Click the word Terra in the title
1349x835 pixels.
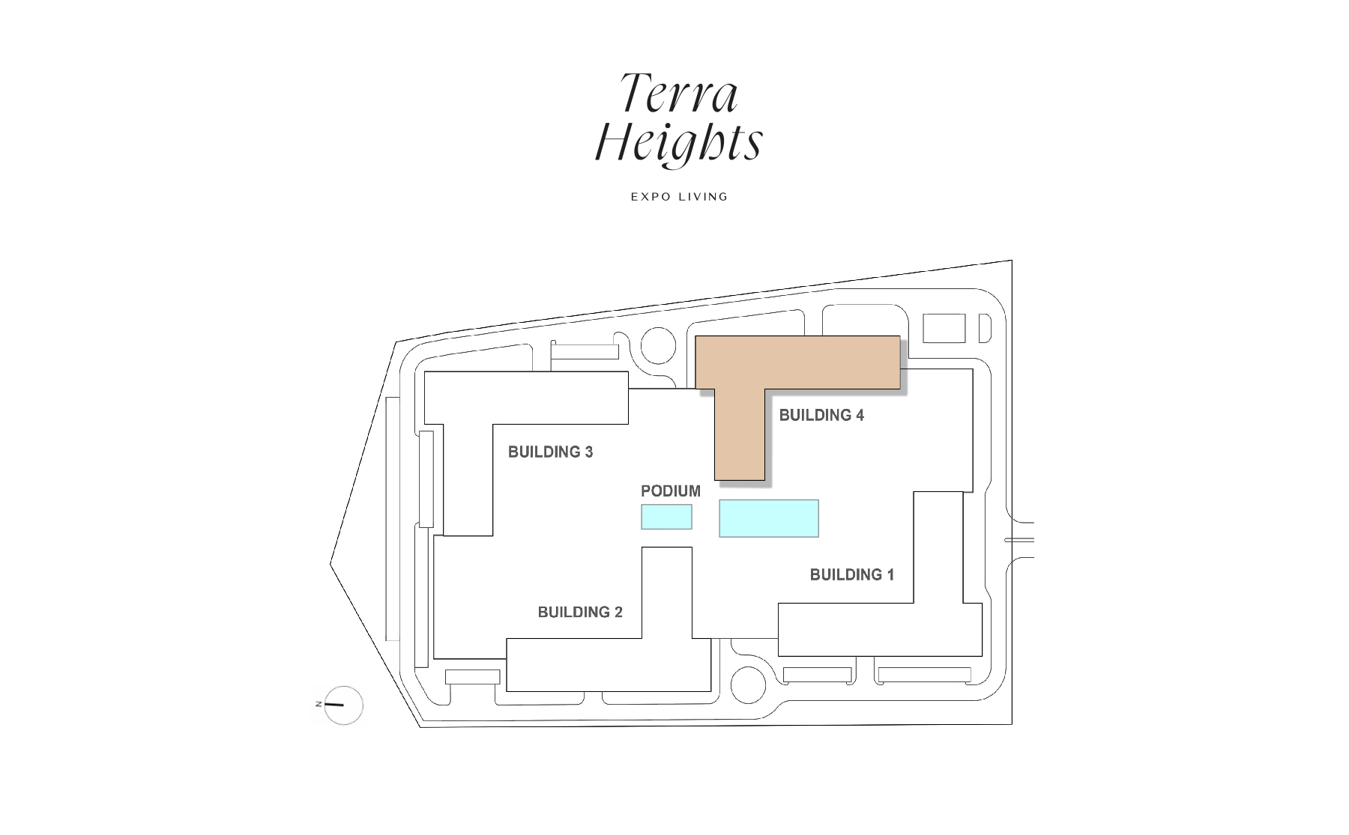click(x=678, y=94)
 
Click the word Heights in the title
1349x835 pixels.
click(x=678, y=142)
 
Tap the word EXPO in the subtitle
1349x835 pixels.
click(x=649, y=197)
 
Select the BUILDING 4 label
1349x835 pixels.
click(x=821, y=416)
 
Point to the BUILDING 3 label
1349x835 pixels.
click(x=550, y=452)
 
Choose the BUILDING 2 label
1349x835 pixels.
click(x=579, y=613)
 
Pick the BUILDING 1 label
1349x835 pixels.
click(x=851, y=575)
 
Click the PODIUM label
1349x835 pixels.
click(x=670, y=491)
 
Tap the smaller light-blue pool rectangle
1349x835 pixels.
click(x=666, y=517)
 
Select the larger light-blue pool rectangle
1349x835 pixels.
click(x=768, y=518)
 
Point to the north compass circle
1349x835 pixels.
click(x=344, y=705)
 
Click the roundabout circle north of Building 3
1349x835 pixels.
click(x=659, y=347)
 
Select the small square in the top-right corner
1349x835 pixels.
click(x=944, y=328)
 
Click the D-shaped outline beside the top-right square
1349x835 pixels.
click(x=985, y=328)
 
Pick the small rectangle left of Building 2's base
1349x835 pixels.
click(x=472, y=677)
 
